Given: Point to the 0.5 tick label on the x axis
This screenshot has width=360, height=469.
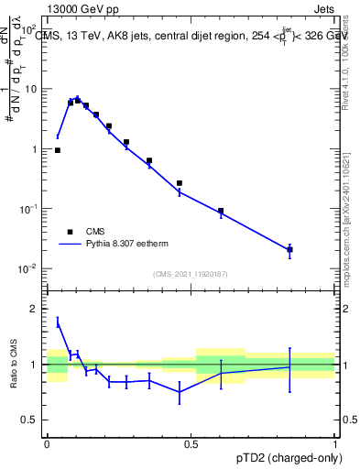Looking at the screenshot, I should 191,443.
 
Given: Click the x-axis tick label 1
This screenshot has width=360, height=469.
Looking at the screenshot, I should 334,443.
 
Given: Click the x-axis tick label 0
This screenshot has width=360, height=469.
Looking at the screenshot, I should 47,443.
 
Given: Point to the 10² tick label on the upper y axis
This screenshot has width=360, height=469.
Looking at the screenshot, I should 29,30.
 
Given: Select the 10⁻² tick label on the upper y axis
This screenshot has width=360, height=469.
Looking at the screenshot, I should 29,268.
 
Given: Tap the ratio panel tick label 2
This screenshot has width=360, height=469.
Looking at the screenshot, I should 36,310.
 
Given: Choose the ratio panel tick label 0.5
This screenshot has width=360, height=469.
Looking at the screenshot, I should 31,420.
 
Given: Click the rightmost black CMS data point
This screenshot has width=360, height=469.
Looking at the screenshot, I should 289,249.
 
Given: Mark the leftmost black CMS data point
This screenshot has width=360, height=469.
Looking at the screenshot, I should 58,150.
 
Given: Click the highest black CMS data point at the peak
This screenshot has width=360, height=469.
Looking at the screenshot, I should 77,100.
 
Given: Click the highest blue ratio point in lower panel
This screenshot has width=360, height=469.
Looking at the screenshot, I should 58,322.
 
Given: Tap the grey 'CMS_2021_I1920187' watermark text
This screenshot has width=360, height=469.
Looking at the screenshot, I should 190,274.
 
